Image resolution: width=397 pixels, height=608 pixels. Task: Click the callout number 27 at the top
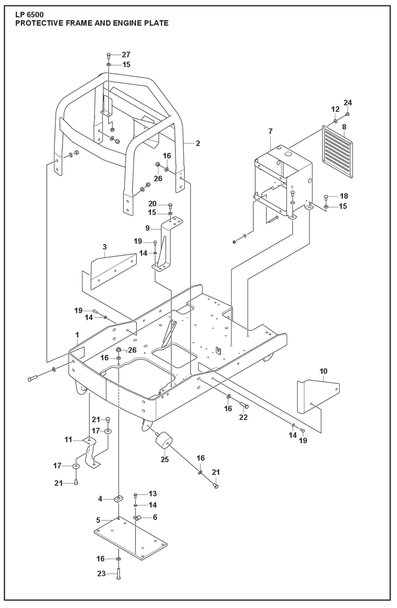pyautogui.click(x=126, y=54)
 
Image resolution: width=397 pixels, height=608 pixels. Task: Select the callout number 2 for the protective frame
pyautogui.click(x=198, y=143)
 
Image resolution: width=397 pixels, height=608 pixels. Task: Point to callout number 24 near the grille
pyautogui.click(x=348, y=103)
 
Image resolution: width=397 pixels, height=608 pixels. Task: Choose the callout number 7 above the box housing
pyautogui.click(x=270, y=132)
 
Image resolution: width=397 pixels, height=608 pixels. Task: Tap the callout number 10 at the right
pyautogui.click(x=323, y=371)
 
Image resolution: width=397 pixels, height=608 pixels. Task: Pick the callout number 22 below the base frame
pyautogui.click(x=243, y=417)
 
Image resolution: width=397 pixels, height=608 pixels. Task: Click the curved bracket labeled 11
pyautogui.click(x=91, y=451)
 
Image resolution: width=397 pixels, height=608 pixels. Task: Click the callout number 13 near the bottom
pyautogui.click(x=152, y=494)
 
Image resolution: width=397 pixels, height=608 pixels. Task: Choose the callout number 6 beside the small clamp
pyautogui.click(x=155, y=517)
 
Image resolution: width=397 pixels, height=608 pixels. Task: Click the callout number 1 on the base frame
pyautogui.click(x=77, y=335)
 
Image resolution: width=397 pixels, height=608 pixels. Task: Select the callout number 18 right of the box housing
pyautogui.click(x=344, y=196)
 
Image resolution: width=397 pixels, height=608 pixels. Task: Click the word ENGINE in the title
pyautogui.click(x=124, y=23)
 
